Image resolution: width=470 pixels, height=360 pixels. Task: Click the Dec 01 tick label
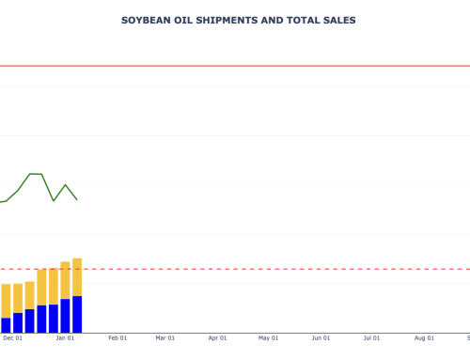click(x=13, y=338)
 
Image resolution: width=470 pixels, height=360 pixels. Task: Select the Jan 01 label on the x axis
click(x=65, y=338)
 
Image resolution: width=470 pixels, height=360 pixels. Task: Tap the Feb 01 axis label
click(x=117, y=338)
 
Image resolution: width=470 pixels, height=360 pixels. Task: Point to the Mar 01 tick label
click(x=165, y=338)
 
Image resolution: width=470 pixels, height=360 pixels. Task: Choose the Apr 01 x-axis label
click(x=218, y=338)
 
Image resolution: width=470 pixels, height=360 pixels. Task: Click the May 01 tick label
click(x=269, y=338)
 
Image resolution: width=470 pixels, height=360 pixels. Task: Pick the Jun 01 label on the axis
click(x=321, y=338)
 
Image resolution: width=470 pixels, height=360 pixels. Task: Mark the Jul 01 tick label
click(x=372, y=338)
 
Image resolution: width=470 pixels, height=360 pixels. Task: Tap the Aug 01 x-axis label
click(x=424, y=338)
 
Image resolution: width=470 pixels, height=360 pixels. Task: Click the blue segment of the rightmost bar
click(x=77, y=314)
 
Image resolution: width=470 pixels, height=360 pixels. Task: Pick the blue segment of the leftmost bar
click(x=6, y=325)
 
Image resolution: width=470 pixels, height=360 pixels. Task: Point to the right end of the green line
click(x=77, y=199)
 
